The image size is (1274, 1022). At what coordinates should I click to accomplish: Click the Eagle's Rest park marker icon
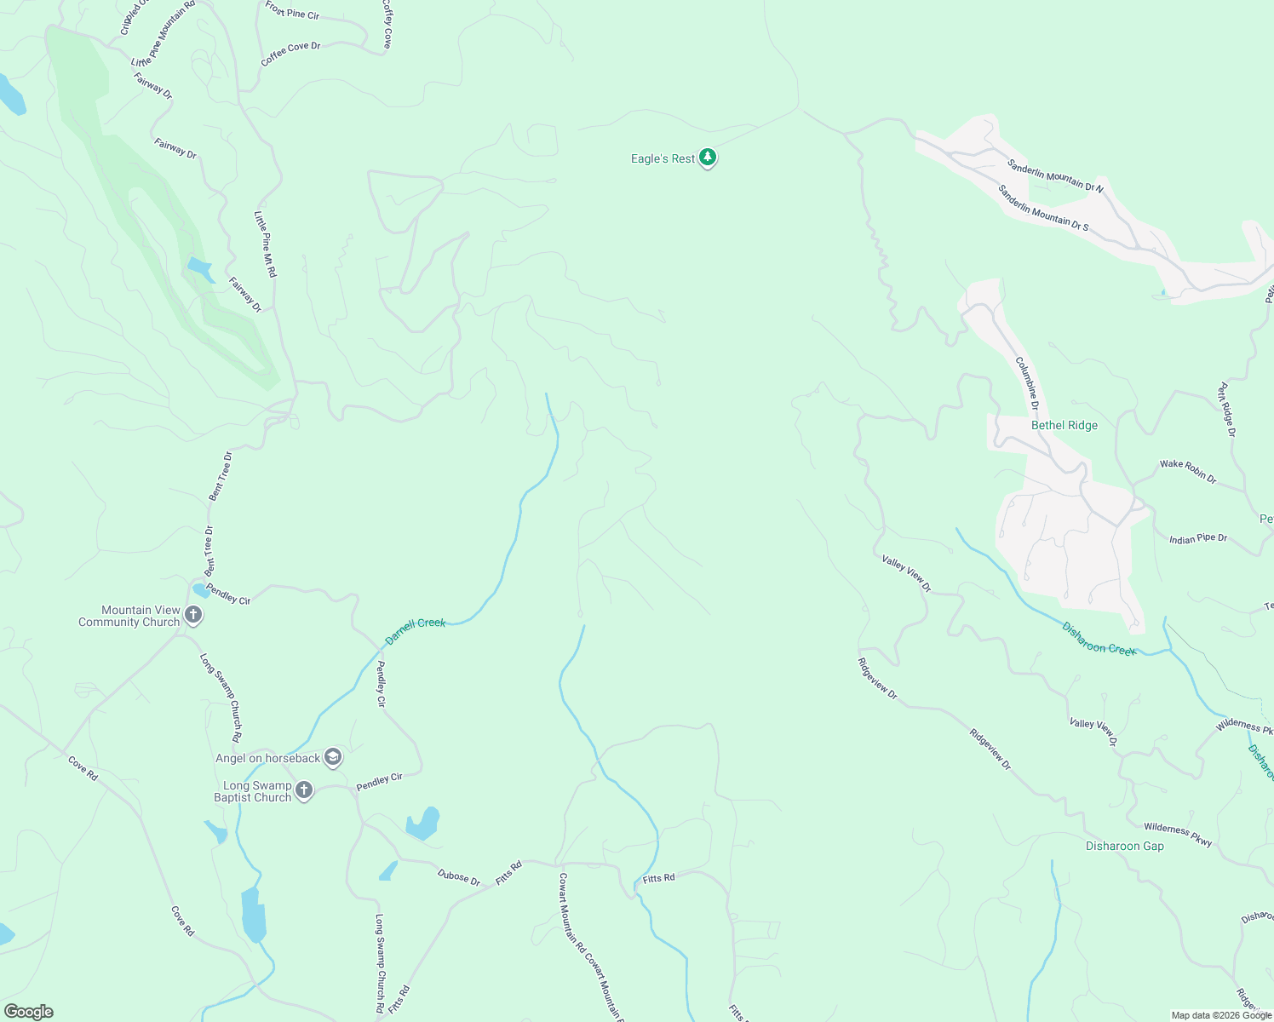click(x=708, y=158)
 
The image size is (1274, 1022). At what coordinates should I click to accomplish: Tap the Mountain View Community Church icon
click(x=193, y=615)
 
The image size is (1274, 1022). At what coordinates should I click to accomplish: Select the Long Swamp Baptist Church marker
click(x=304, y=790)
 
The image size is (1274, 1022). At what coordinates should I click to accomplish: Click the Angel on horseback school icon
click(x=333, y=757)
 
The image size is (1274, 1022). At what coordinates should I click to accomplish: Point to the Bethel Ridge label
click(x=1064, y=425)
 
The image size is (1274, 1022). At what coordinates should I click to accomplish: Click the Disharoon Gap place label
click(x=1124, y=846)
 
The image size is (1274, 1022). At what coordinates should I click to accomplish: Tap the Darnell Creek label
click(x=416, y=630)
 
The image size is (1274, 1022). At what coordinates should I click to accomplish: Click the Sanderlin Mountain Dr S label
click(x=1042, y=208)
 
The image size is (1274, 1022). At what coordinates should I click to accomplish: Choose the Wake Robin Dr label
click(x=1188, y=471)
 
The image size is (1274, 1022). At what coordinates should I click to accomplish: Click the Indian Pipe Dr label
click(x=1198, y=538)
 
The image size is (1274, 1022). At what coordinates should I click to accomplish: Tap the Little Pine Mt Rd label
click(x=265, y=244)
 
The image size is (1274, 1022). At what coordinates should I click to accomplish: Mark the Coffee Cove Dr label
click(x=290, y=53)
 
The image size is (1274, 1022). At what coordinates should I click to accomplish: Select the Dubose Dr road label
click(x=458, y=876)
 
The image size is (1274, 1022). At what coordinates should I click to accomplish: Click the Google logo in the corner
click(x=28, y=1012)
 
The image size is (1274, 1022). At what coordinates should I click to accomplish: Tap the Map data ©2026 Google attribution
click(x=1221, y=1015)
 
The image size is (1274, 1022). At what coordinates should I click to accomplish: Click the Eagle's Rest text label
click(x=663, y=158)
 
